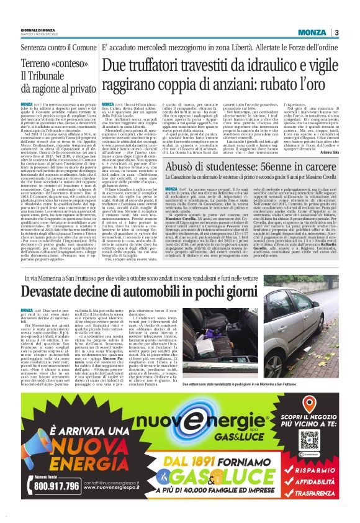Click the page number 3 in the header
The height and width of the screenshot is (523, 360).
[336, 32]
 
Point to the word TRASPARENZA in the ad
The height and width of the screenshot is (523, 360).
[318, 494]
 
